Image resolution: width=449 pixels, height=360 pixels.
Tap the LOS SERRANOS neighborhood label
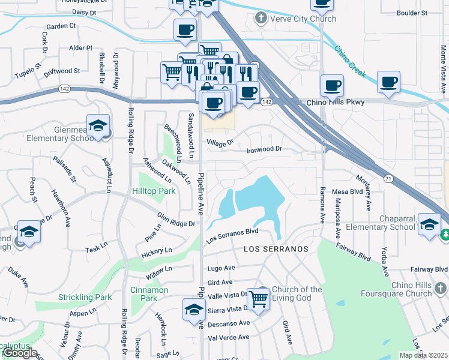click(x=276, y=248)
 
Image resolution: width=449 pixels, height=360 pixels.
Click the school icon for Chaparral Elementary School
click(x=429, y=225)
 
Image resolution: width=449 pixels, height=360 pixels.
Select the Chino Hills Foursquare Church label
click(x=411, y=289)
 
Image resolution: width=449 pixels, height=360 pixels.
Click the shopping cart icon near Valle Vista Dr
click(x=258, y=298)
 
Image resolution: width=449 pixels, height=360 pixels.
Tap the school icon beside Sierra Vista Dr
click(x=193, y=310)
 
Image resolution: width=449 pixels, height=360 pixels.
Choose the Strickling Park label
click(x=85, y=297)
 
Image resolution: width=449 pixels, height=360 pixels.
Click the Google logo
click(x=19, y=353)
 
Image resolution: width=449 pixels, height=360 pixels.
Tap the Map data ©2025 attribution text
click(x=424, y=355)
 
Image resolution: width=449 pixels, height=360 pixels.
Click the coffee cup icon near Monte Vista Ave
click(x=388, y=82)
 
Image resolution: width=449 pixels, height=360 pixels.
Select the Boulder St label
click(x=412, y=12)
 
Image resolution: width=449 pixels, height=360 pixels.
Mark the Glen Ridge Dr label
click(x=176, y=220)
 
